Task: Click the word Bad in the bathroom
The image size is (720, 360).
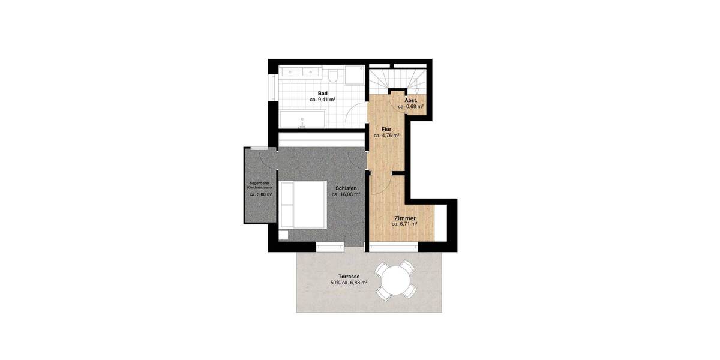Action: [323, 94]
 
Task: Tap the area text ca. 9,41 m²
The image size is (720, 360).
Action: [323, 100]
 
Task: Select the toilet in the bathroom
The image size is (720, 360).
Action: [333, 74]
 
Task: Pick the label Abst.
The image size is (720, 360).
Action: [411, 100]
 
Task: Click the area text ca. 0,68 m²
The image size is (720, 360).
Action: [411, 106]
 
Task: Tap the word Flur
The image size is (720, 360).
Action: [386, 129]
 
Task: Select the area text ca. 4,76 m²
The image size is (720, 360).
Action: [386, 136]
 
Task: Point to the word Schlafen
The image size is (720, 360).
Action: [347, 188]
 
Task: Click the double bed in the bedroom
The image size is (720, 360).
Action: [304, 205]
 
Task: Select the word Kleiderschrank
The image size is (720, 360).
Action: [261, 188]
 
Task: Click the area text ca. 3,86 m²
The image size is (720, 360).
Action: [261, 195]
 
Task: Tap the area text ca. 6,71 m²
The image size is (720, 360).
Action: [404, 224]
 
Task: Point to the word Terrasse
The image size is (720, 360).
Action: [349, 276]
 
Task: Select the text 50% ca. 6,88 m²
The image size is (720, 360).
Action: [349, 283]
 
